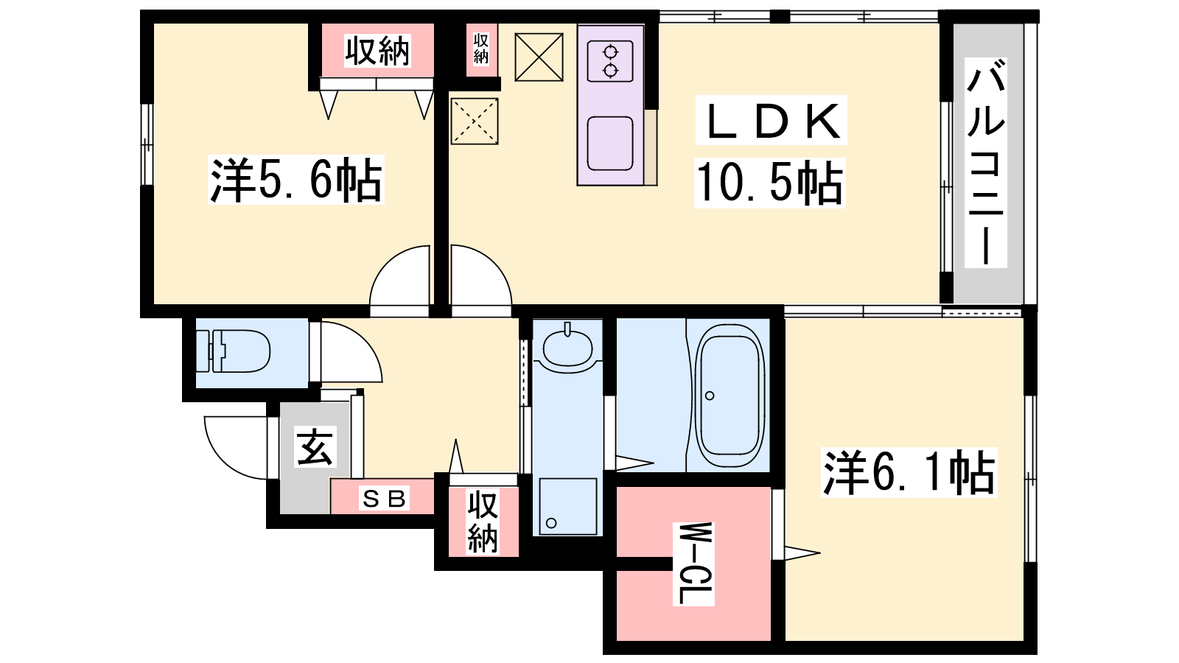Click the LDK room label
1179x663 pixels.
(x=771, y=121)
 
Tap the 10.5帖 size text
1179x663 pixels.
(x=770, y=182)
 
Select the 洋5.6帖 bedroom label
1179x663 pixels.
(x=295, y=180)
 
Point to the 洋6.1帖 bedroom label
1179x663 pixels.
(x=909, y=472)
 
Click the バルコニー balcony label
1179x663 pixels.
(x=985, y=163)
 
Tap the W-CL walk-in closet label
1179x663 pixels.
(x=693, y=564)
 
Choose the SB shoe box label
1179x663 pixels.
(x=384, y=498)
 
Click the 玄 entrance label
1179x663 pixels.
(x=315, y=447)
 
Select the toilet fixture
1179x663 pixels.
(x=233, y=351)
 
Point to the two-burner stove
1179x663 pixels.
(x=611, y=61)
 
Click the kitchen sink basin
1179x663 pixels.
(x=610, y=143)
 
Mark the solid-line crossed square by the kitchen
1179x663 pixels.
(x=539, y=57)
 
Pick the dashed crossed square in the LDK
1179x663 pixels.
(x=475, y=121)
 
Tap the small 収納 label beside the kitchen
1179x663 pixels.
(x=481, y=49)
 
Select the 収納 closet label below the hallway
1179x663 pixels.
(x=483, y=522)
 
